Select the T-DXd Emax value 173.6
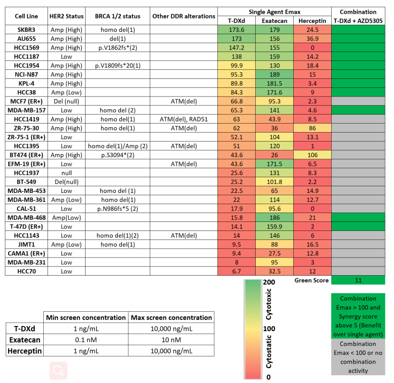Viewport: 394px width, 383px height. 237,29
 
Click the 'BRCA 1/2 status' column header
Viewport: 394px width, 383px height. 117,16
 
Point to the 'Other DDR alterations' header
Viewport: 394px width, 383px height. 183,16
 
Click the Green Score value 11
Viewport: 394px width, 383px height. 358,280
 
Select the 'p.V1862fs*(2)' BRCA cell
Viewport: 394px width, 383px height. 117,48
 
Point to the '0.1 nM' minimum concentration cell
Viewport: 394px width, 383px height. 86,339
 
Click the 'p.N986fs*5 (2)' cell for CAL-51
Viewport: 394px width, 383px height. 117,208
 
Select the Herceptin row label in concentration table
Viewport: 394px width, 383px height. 25,351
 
